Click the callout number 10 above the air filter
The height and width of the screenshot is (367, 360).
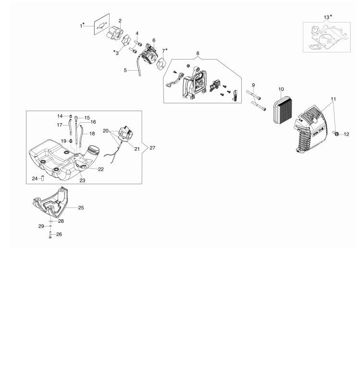point(281,89)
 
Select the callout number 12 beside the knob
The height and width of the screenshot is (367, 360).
point(347,134)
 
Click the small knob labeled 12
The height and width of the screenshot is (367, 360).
point(336,133)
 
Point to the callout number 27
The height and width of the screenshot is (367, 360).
point(152,148)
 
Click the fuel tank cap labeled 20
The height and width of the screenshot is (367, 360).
point(125,133)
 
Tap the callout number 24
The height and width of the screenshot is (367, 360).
point(35,178)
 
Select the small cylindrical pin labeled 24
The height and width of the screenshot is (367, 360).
point(43,178)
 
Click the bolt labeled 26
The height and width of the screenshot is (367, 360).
point(50,235)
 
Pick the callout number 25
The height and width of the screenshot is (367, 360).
point(81,208)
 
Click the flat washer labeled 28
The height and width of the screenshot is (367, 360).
point(51,221)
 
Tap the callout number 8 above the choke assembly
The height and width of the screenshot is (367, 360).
point(198,53)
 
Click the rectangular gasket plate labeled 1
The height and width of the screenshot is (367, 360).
point(102,24)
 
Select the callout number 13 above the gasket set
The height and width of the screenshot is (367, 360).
point(326,17)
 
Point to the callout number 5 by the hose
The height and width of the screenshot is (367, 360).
point(125,70)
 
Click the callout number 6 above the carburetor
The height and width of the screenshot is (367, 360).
point(154,40)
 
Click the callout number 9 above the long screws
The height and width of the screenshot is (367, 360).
point(253,85)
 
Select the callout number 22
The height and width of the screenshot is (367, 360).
point(101,169)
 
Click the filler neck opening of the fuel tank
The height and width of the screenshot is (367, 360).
point(95,150)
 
